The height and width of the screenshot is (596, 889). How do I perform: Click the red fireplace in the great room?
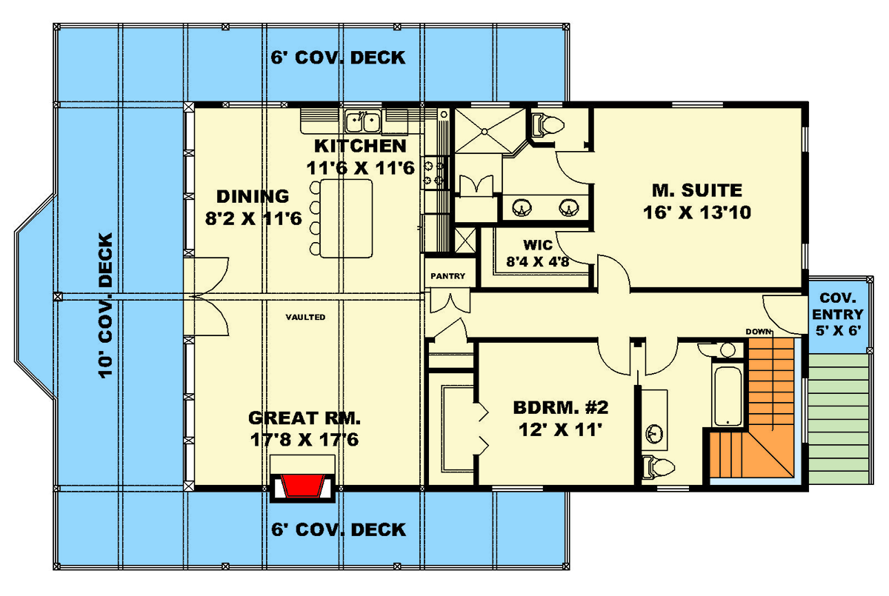[x=304, y=486]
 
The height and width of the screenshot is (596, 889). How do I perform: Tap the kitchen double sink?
[x=363, y=118]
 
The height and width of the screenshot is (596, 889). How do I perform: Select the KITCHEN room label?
[x=361, y=146]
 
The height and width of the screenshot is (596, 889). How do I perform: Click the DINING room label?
[x=252, y=196]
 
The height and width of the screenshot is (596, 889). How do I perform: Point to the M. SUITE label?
[x=697, y=190]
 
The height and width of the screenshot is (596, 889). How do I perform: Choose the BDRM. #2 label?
[x=561, y=408]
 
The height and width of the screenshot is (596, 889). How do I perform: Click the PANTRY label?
[x=448, y=276]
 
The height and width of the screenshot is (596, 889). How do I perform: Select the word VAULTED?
[x=305, y=317]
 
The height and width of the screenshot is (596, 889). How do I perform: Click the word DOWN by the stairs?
[x=759, y=331]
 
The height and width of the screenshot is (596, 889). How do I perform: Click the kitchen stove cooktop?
[x=432, y=171]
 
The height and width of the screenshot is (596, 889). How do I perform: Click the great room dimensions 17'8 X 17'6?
[x=304, y=440]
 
